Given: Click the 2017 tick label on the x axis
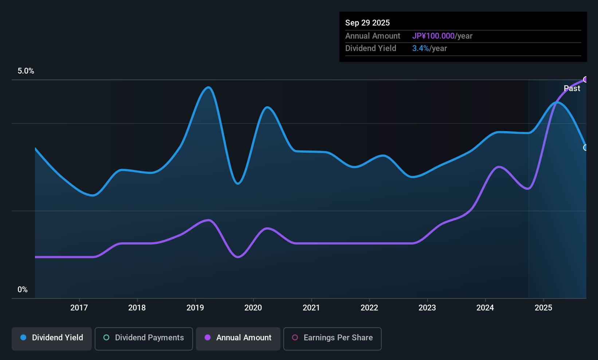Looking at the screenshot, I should (x=79, y=308).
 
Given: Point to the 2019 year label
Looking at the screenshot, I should (x=195, y=308).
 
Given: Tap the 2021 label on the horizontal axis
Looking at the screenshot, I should (x=311, y=308).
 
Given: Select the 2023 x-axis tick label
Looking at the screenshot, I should (x=427, y=308).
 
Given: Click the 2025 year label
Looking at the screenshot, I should (x=543, y=308).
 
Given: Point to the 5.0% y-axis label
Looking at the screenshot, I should (x=26, y=71).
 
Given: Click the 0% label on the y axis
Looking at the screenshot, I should (x=23, y=290).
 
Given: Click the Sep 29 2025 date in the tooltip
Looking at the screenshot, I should (x=367, y=23).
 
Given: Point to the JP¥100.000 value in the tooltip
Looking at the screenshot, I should (x=433, y=36).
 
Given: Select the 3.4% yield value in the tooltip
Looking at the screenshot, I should (x=421, y=48).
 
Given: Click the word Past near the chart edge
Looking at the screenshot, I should (x=572, y=89).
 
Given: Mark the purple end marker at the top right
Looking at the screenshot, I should (x=586, y=79).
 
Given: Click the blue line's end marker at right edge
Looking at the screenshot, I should (x=586, y=148).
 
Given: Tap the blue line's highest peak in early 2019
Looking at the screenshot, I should (x=208, y=87).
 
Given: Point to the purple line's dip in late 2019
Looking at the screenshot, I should (x=238, y=257).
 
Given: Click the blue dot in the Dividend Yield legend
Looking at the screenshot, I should (x=23, y=337).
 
